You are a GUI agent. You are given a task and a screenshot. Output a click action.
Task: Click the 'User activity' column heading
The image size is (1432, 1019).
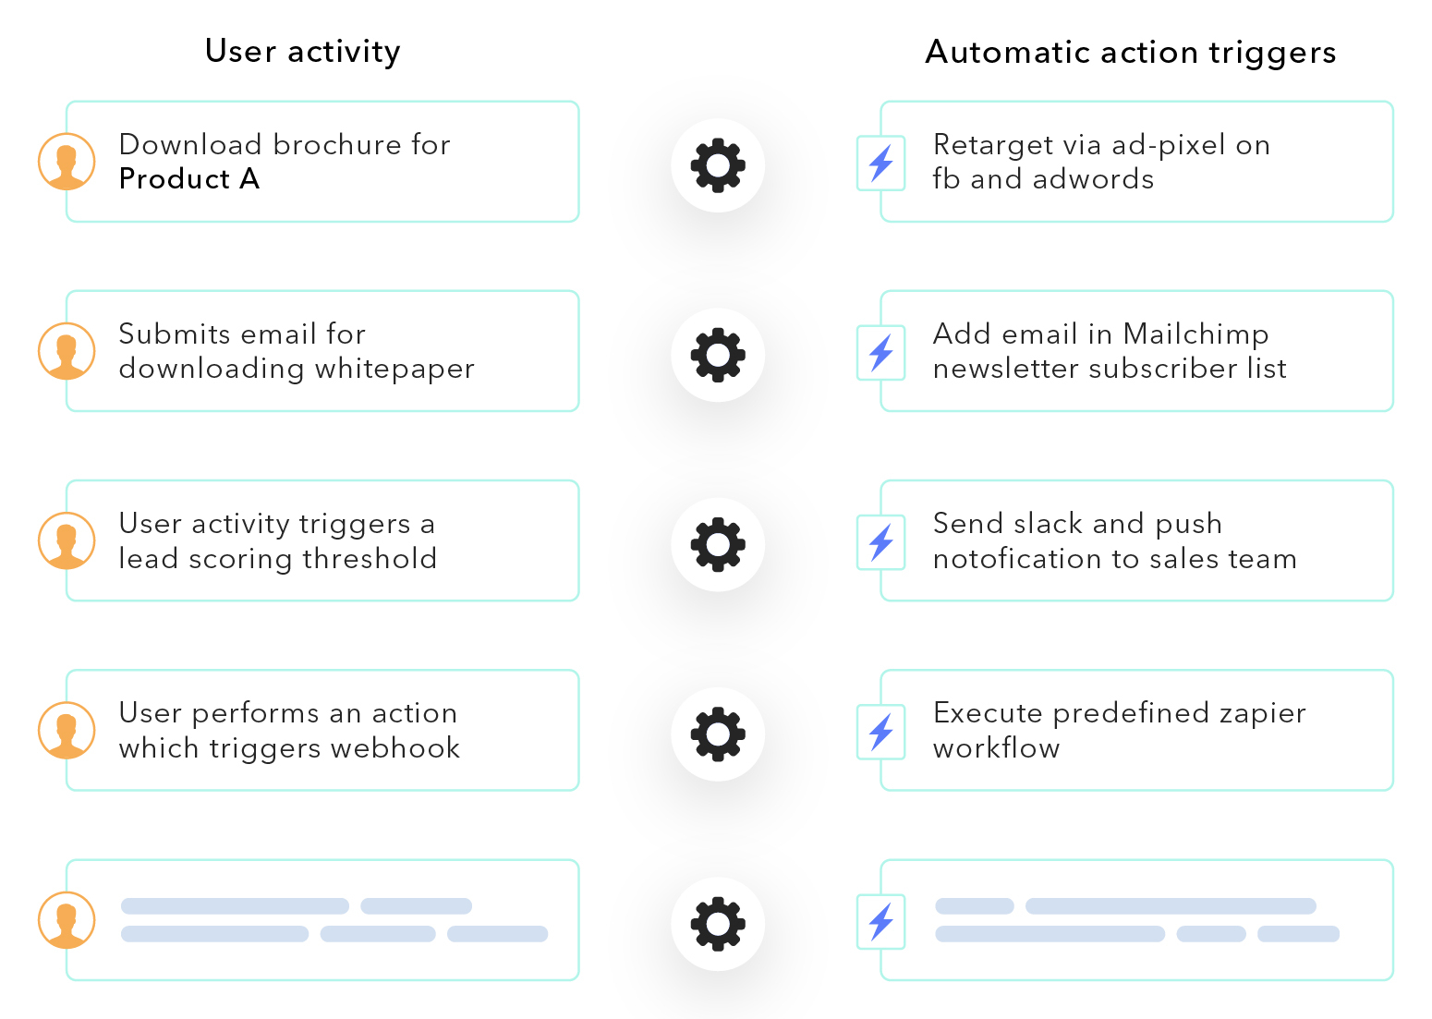pyautogui.click(x=302, y=52)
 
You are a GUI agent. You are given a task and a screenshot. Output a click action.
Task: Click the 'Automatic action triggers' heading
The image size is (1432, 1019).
pyautogui.click(x=1130, y=53)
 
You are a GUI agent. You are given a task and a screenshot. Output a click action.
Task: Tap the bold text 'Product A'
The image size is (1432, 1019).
pyautogui.click(x=189, y=179)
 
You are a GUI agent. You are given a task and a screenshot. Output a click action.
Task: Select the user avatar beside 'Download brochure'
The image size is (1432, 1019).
pyautogui.click(x=67, y=162)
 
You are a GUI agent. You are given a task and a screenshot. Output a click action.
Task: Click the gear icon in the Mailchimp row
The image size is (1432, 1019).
pyautogui.click(x=718, y=355)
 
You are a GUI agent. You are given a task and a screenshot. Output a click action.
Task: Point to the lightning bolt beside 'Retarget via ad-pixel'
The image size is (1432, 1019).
pyautogui.click(x=881, y=163)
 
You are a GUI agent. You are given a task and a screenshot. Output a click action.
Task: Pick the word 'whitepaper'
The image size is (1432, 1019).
pyautogui.click(x=394, y=370)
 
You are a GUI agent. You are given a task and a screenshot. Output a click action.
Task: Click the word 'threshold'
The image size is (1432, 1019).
pyautogui.click(x=370, y=559)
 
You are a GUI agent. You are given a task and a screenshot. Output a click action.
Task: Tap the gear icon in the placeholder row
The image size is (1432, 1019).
pyautogui.click(x=718, y=924)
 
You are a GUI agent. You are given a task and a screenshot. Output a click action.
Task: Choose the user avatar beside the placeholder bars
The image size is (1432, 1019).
pyautogui.click(x=67, y=920)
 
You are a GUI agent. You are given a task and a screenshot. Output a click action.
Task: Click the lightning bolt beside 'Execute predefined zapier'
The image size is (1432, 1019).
pyautogui.click(x=881, y=732)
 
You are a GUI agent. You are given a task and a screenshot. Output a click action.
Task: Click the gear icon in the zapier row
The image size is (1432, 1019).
pyautogui.click(x=718, y=734)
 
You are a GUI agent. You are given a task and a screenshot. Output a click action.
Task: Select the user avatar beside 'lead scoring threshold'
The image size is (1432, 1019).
pyautogui.click(x=67, y=540)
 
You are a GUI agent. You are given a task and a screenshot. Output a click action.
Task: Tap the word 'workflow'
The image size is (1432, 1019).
pyautogui.click(x=996, y=748)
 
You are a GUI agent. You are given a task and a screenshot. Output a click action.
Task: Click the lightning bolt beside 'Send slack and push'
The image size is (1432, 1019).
pyautogui.click(x=881, y=542)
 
